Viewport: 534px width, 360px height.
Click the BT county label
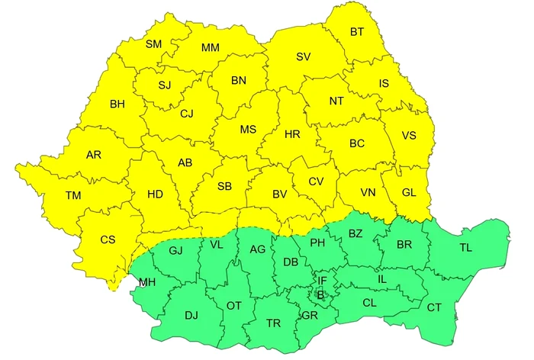coord(357,32)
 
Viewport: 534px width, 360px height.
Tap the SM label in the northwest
coord(154,45)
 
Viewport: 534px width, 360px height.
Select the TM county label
coord(73,196)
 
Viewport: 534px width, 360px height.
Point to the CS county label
coord(108,239)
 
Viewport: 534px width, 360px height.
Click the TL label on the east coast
coord(465,248)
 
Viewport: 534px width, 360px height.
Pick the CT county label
coord(434,307)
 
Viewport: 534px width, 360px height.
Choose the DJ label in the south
coord(191,314)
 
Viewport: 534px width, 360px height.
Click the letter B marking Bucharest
coord(320,294)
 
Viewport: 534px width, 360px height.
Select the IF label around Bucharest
coord(322,281)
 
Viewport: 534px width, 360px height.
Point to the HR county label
coord(292,134)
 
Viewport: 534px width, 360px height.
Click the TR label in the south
coord(273,323)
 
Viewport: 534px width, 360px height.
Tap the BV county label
coord(280,194)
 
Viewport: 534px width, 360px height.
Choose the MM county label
coord(211,48)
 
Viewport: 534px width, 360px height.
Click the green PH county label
coord(317,243)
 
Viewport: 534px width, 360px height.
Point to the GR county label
coord(309,314)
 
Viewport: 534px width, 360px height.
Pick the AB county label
coord(185,162)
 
